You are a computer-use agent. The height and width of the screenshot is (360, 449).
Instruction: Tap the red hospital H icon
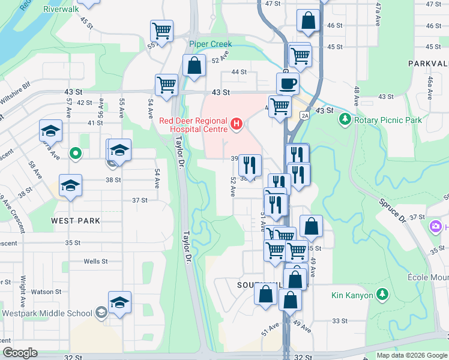(237, 125)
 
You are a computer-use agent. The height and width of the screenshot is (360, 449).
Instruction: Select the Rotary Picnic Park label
(388, 120)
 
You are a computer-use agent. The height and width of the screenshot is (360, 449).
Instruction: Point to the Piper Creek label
(210, 44)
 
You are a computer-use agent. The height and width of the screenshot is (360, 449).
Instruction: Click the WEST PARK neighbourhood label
(75, 221)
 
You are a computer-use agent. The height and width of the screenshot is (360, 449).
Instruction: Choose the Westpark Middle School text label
(47, 313)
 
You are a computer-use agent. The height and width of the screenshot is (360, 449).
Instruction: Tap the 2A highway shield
(304, 115)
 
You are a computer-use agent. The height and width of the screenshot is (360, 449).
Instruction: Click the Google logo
(20, 353)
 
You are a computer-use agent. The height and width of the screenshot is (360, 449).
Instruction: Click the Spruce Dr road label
(393, 211)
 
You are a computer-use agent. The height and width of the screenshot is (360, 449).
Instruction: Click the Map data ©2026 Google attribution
(412, 355)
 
